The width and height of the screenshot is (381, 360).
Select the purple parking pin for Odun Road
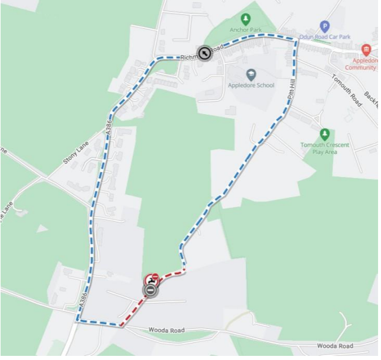tap(325, 26)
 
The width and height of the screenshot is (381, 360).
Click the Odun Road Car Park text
tap(325, 37)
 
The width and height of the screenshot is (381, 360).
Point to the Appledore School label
tap(251, 85)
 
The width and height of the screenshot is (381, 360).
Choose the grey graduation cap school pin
tap(251, 74)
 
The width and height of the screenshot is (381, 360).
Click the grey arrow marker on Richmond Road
tap(203, 54)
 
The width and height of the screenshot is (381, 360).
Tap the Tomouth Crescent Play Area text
tap(324, 148)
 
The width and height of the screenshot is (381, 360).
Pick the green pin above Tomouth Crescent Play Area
tap(324, 134)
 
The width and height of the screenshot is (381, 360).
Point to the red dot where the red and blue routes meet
tap(184, 270)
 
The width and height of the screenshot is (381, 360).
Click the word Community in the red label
tap(363, 68)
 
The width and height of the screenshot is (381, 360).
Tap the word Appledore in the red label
tap(366, 61)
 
